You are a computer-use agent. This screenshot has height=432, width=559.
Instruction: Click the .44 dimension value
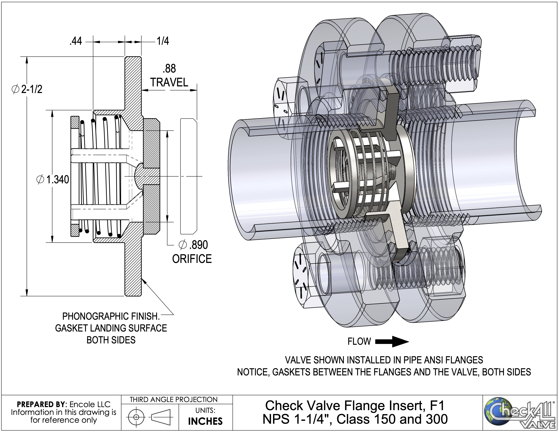tap(76, 41)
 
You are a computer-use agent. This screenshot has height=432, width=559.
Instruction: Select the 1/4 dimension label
tap(163, 41)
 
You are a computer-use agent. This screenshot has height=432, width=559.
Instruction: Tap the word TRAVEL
tap(169, 82)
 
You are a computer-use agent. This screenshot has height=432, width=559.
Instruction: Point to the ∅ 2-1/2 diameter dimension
tap(27, 89)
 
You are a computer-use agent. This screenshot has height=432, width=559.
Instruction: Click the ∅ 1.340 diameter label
tap(53, 179)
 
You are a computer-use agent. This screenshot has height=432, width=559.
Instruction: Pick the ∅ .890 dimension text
tap(193, 245)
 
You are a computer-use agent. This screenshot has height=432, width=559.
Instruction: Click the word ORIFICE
tap(192, 259)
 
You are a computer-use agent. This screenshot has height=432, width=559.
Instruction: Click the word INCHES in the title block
tap(205, 421)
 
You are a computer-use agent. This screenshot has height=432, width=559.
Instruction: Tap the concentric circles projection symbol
tap(136, 417)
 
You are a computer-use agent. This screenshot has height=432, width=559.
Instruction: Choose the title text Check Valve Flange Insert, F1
tap(355, 406)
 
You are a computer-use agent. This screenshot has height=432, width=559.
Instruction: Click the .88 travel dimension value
tap(169, 69)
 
